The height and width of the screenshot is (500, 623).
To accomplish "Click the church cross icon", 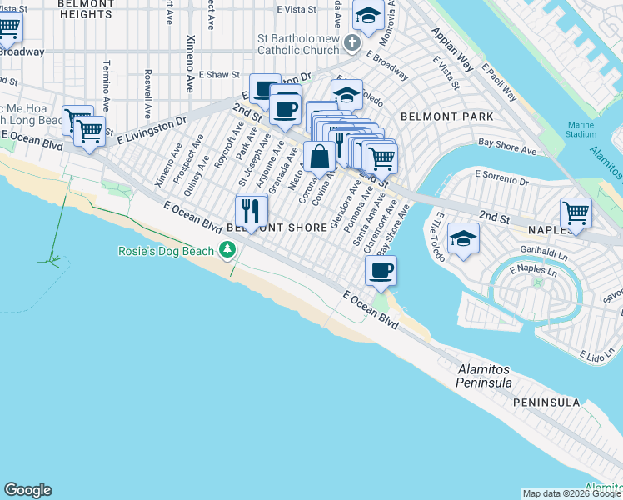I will [x=352, y=42].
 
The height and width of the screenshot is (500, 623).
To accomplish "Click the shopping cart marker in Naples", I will [x=576, y=213].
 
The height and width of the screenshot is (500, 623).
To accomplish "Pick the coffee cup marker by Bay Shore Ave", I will [x=381, y=271].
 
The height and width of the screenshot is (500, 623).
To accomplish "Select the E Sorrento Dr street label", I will [x=501, y=175].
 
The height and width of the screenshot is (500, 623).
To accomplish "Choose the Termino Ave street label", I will [x=106, y=82].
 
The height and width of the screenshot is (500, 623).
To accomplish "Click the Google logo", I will [x=27, y=490].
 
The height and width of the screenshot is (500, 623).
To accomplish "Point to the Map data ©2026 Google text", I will [x=571, y=493].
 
